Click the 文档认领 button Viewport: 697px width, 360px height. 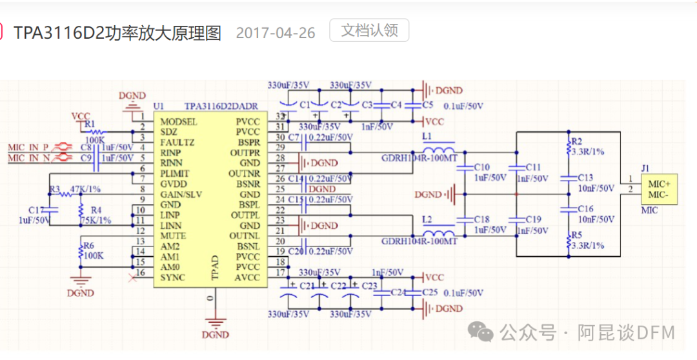click(x=369, y=30)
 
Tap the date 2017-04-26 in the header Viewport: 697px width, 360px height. click(x=276, y=33)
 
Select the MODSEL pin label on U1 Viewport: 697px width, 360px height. click(x=179, y=121)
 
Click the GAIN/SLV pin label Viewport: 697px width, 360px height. click(x=181, y=194)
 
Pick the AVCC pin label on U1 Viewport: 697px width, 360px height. click(x=248, y=277)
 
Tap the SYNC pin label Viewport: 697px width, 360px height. click(x=172, y=277)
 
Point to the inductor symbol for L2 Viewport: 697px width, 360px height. click(x=438, y=232)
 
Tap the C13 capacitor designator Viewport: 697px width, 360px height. click(x=585, y=177)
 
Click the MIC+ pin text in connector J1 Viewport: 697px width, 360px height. click(x=658, y=184)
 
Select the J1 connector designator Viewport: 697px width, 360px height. click(x=645, y=168)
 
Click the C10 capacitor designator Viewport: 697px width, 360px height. click(x=481, y=167)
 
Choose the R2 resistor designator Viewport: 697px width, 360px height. click(x=576, y=141)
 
